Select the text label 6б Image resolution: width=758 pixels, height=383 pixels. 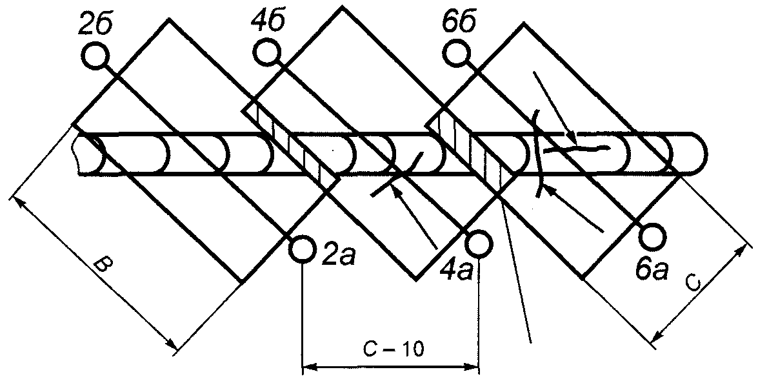[x=460, y=23]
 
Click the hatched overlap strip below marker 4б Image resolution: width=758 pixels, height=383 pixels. [x=290, y=146]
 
